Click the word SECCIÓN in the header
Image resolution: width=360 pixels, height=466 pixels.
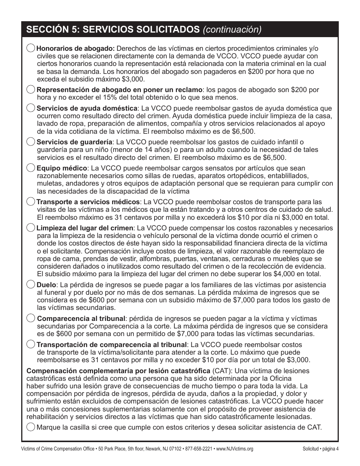coord(44,30)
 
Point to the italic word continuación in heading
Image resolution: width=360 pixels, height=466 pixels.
coord(232,30)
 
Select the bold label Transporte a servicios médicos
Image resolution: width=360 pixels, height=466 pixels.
coord(88,202)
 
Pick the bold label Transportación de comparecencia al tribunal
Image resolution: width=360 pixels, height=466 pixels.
coord(111,345)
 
